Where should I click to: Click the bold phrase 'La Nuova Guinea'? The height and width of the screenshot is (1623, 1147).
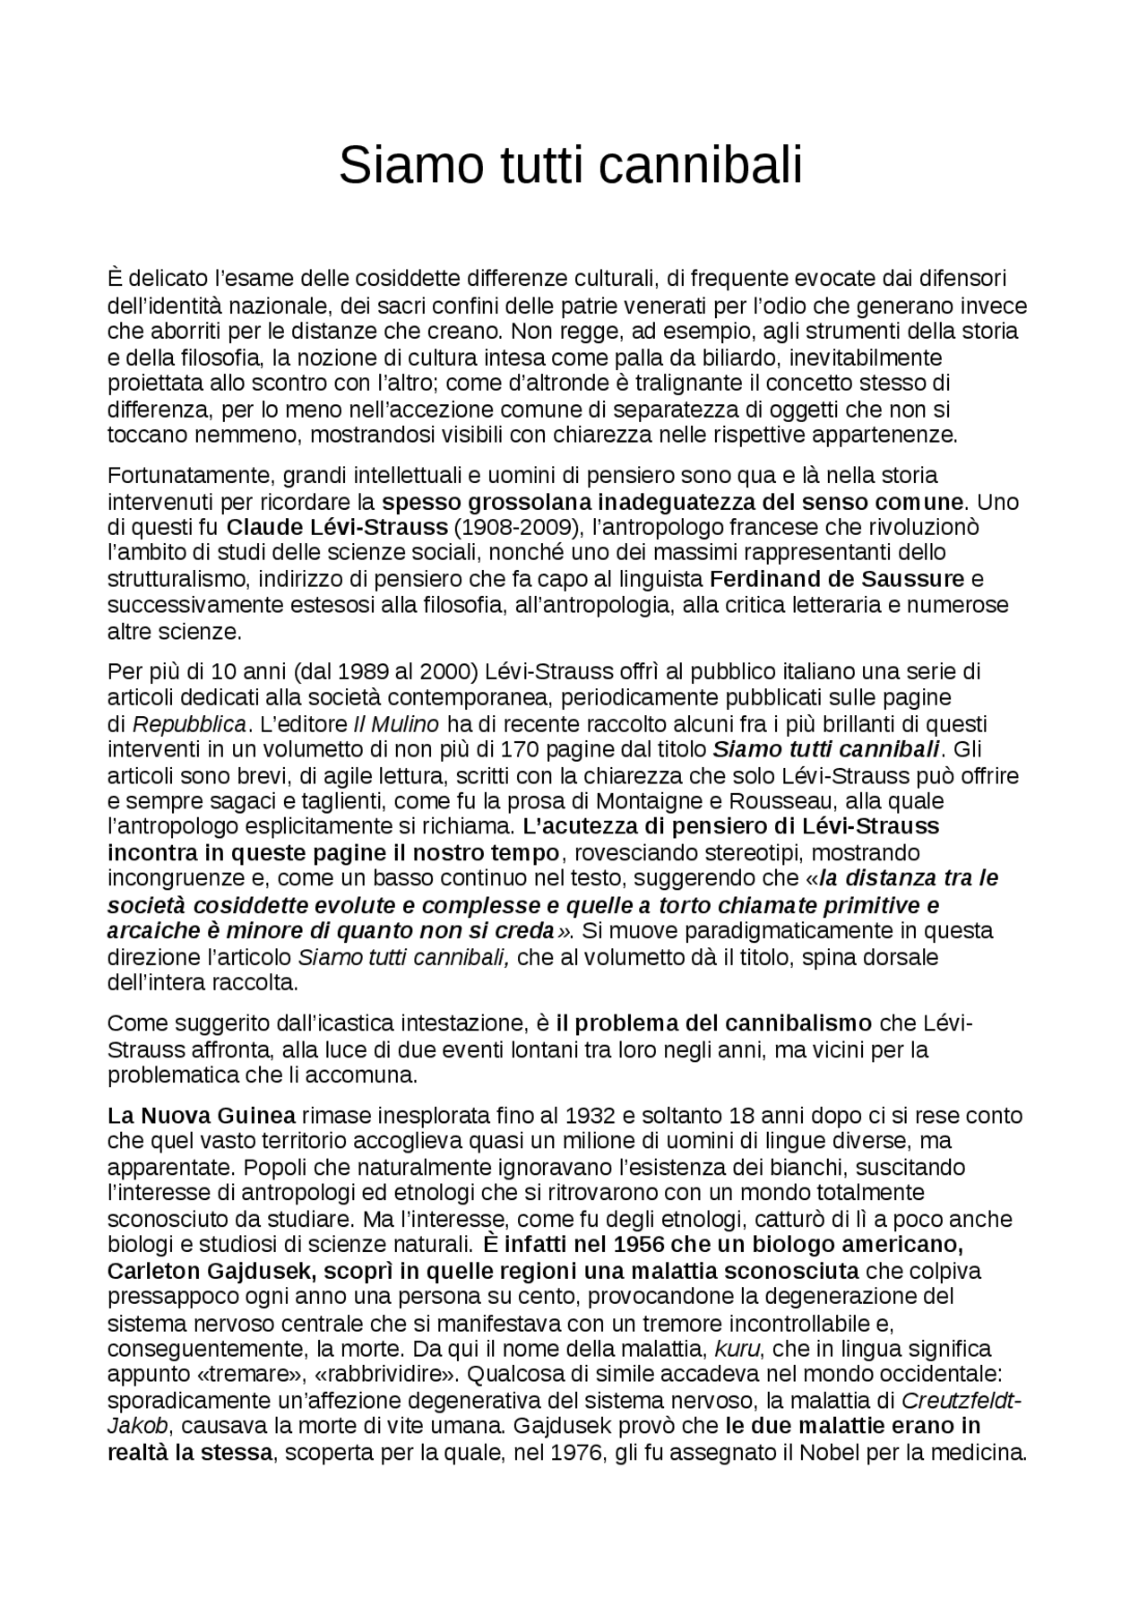tap(201, 1116)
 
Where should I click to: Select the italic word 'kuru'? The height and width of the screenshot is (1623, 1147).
tap(737, 1349)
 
